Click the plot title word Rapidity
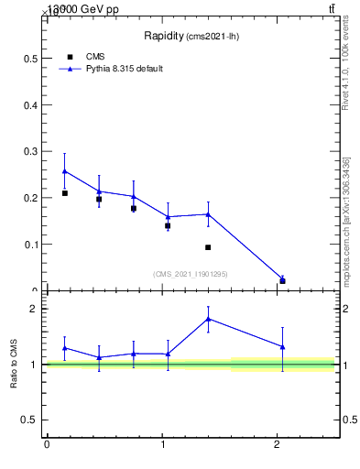[x=164, y=36]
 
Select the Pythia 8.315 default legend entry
[x=124, y=69]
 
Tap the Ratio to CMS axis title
[x=15, y=364]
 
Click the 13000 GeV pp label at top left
[x=82, y=8]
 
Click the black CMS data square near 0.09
[x=208, y=247]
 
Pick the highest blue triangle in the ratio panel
[x=208, y=319]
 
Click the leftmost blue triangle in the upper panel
[x=64, y=171]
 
